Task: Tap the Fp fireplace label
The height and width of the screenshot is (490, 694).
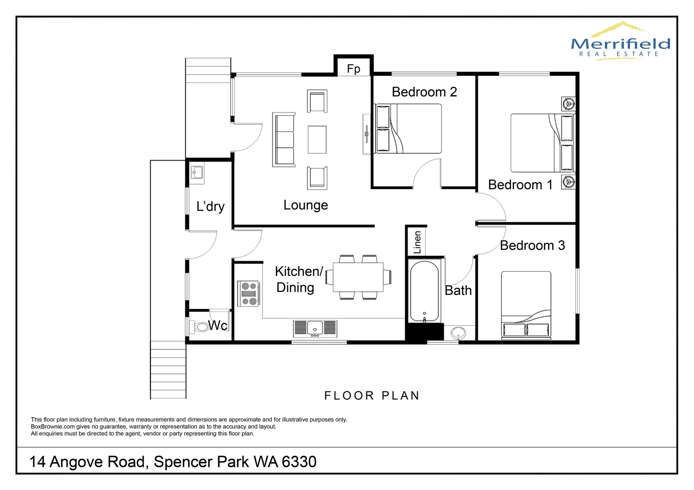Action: (x=353, y=69)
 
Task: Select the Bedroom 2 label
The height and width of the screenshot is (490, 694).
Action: (x=424, y=92)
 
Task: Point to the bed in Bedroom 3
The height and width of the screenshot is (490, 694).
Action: (x=526, y=305)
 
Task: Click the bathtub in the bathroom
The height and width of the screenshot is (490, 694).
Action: (x=424, y=291)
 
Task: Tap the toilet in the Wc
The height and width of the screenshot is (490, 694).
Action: (x=200, y=326)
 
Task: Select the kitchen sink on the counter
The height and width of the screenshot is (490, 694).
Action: (x=315, y=328)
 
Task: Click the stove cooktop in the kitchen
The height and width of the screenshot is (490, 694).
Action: (x=249, y=293)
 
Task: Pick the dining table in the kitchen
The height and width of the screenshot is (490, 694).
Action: (x=358, y=277)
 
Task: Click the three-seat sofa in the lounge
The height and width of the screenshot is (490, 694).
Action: (x=284, y=139)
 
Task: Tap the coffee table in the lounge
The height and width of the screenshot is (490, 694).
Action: (x=317, y=139)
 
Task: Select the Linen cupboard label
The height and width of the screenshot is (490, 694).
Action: (x=417, y=242)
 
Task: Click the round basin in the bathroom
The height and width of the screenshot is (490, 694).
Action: (x=458, y=333)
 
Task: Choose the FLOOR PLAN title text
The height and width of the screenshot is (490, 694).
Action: (x=372, y=396)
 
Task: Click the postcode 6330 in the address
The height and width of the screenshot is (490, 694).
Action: (x=299, y=462)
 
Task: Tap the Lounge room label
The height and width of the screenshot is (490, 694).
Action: (x=305, y=205)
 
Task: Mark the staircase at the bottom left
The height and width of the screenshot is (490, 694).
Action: (x=169, y=370)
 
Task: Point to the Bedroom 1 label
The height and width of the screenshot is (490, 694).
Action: (x=520, y=185)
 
